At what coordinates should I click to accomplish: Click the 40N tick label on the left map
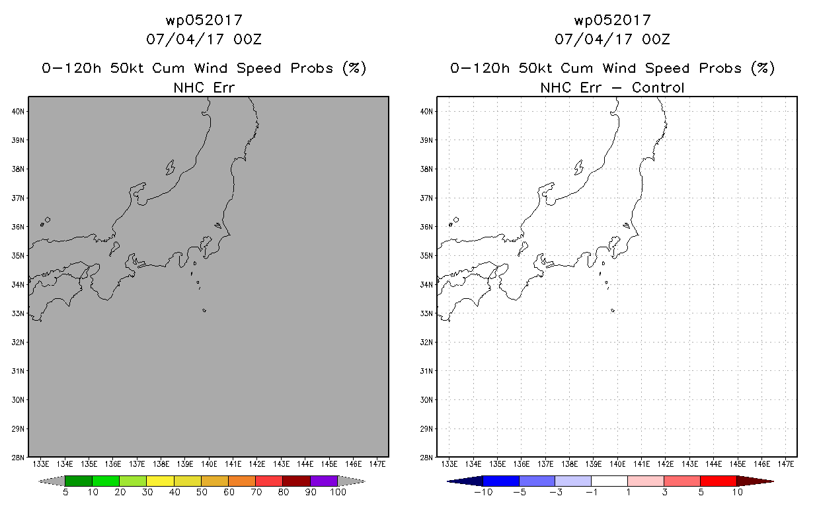(x=18, y=111)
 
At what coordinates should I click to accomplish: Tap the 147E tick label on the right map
(x=786, y=464)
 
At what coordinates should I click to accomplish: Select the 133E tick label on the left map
(x=41, y=464)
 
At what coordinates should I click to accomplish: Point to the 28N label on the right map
(x=426, y=458)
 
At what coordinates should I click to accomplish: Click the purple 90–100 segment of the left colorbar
(x=324, y=481)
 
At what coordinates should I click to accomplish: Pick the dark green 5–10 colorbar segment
(x=79, y=481)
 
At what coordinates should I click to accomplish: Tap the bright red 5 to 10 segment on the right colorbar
(x=719, y=481)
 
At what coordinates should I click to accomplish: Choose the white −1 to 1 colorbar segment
(x=609, y=481)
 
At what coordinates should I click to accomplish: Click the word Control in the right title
(x=658, y=88)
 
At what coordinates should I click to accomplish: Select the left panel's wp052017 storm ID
(x=204, y=20)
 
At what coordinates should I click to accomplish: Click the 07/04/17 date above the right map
(x=593, y=39)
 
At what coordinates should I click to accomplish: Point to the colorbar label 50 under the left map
(x=202, y=492)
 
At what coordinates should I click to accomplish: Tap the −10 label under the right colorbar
(x=483, y=492)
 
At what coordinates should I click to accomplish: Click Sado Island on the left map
(x=170, y=168)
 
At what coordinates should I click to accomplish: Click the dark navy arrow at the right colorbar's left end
(x=465, y=481)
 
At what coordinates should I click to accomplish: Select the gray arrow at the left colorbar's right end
(x=352, y=481)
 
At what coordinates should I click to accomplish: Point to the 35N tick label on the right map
(x=426, y=255)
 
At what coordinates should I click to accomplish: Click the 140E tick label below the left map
(x=209, y=464)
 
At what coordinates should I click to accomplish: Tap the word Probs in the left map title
(x=312, y=69)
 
